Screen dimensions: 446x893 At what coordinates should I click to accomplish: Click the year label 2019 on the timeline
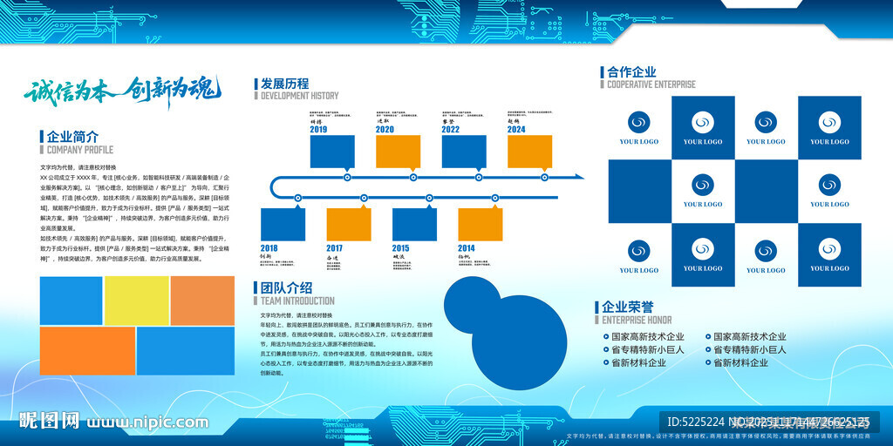click(x=318, y=129)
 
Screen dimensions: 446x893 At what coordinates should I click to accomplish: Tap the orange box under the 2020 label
click(x=398, y=152)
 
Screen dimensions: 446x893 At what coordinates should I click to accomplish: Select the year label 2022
click(x=451, y=129)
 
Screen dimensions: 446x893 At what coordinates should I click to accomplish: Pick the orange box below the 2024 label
click(x=529, y=152)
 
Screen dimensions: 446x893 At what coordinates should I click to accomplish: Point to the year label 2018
click(x=269, y=248)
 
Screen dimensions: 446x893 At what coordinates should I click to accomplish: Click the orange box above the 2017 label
click(x=348, y=224)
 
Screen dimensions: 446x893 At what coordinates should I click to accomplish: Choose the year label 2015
click(x=401, y=248)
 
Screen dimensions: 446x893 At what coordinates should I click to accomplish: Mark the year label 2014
click(x=467, y=248)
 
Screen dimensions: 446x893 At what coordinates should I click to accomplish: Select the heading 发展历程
click(x=284, y=84)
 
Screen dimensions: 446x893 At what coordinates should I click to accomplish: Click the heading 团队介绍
click(x=286, y=287)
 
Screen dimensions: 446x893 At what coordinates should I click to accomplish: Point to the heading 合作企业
click(x=631, y=72)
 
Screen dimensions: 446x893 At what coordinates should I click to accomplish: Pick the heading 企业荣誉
click(x=627, y=307)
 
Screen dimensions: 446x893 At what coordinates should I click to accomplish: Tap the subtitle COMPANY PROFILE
click(x=80, y=150)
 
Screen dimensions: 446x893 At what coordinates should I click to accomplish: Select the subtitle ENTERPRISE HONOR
click(x=637, y=320)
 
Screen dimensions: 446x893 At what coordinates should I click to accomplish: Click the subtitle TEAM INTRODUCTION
click(x=297, y=301)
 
